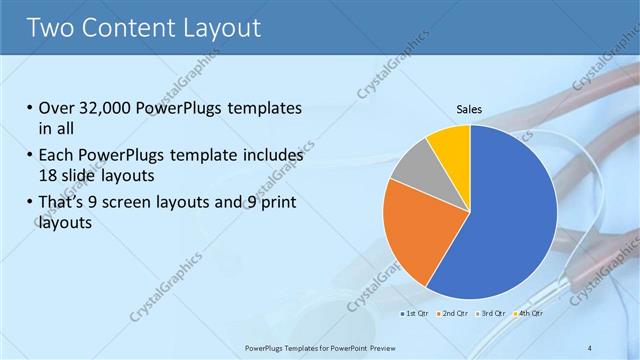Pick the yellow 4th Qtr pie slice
[451, 146]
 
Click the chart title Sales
[469, 108]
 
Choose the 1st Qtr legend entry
[418, 314]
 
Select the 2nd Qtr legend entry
[455, 314]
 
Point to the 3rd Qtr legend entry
[492, 314]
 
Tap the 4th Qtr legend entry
[529, 314]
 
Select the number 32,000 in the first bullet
[109, 109]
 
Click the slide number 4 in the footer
[590, 347]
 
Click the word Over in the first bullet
[58, 109]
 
